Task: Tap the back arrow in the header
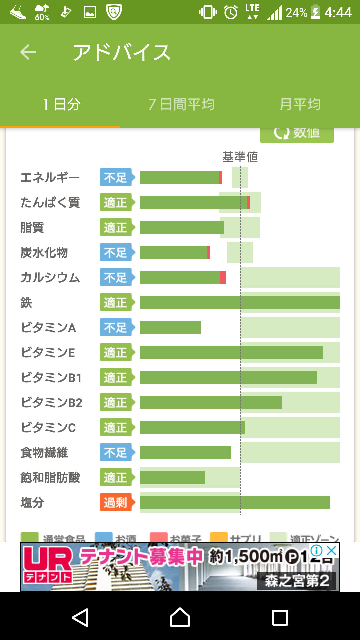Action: coord(28,52)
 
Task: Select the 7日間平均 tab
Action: coord(181,104)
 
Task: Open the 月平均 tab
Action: coord(300,104)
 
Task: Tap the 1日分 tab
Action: coord(62,104)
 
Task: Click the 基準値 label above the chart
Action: coord(240,157)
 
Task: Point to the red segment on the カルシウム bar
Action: coord(223,277)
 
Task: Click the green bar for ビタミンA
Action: coord(170,327)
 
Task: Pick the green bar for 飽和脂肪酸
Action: coord(172,477)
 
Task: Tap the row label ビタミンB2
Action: coord(51,403)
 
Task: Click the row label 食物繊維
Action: coord(44,453)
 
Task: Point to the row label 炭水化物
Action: coord(44,253)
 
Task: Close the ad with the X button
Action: coord(332,551)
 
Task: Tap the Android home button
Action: coord(180,617)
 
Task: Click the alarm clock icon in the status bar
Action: coord(231,13)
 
